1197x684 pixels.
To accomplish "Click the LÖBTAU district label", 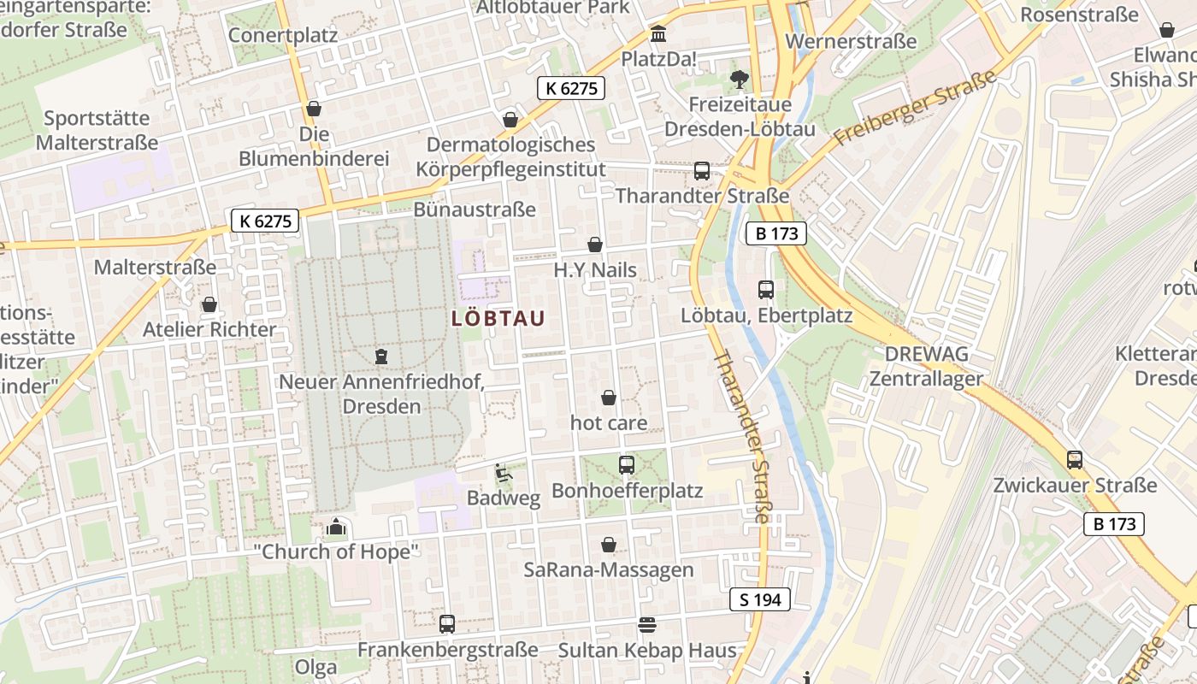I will pos(498,319).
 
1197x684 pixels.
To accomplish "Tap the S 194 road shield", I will pos(760,599).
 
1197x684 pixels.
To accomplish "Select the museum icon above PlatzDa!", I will pos(659,35).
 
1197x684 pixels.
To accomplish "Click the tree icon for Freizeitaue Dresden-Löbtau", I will pos(740,80).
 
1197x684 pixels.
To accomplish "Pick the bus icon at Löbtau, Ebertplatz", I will pos(766,290).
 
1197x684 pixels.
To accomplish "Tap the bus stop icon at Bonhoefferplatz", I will pos(627,465).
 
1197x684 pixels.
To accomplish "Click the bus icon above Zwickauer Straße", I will pos(1075,460).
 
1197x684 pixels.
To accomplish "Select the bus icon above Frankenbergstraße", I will pos(447,624).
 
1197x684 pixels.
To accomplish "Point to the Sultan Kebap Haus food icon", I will pos(647,625).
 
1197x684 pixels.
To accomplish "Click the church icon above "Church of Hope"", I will pos(336,527).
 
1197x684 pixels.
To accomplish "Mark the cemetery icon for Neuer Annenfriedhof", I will pos(381,356).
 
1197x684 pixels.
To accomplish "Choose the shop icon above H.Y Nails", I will pos(595,245).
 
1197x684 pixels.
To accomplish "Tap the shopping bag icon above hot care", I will pos(609,398).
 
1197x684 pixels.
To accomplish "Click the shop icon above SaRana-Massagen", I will pos(609,545).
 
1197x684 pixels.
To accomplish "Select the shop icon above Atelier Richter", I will pos(209,305).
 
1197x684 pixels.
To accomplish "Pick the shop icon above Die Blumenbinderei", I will pos(314,109).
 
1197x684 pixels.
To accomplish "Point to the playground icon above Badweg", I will pos(503,472).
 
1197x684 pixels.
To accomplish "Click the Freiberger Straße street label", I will pos(916,107).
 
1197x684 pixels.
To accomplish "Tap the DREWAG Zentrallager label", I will pos(927,366).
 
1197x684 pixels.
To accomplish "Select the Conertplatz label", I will pos(283,36).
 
